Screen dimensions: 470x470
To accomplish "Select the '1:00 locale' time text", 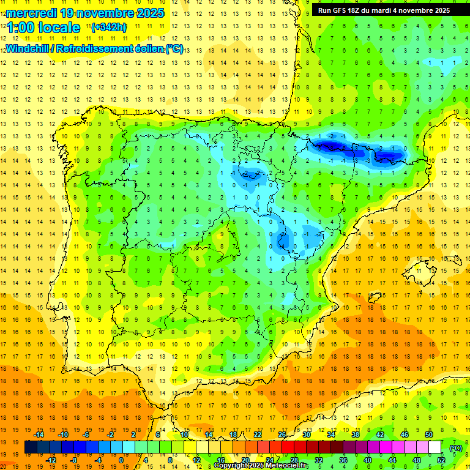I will coord(43,28).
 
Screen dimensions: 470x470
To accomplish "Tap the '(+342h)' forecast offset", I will coord(108,28).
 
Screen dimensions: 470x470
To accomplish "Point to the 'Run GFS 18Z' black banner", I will coord(384,10).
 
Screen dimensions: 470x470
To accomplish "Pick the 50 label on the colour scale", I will coord(429,435).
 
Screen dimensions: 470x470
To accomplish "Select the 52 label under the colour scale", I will coord(441,460).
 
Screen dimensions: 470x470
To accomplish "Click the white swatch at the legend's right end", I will coord(435,447).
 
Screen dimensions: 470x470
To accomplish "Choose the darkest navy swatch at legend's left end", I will coord(31,447).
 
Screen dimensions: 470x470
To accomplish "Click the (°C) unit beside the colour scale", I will coord(456,447).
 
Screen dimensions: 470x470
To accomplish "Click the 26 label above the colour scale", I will coord(282,435).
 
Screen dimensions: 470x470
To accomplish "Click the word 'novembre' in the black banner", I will coord(414,10).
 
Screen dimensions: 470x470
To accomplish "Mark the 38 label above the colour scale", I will coord(356,435).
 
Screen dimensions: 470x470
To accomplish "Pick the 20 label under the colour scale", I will coord(245,460).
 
